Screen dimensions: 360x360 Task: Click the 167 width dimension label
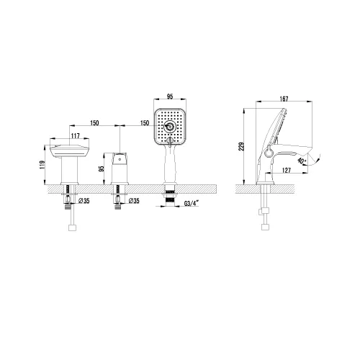tap(284, 99)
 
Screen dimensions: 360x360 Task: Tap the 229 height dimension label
tap(242, 146)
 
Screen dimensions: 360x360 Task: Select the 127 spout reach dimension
tap(287, 170)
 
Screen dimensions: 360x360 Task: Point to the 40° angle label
tap(301, 161)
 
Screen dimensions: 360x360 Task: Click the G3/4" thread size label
tap(192, 204)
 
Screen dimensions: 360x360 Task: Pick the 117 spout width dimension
tap(75, 136)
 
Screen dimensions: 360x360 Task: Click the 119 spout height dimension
tap(42, 165)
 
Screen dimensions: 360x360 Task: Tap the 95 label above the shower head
tap(170, 96)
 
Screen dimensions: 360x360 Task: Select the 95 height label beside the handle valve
tap(102, 168)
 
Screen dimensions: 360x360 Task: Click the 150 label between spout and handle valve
tap(94, 123)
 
